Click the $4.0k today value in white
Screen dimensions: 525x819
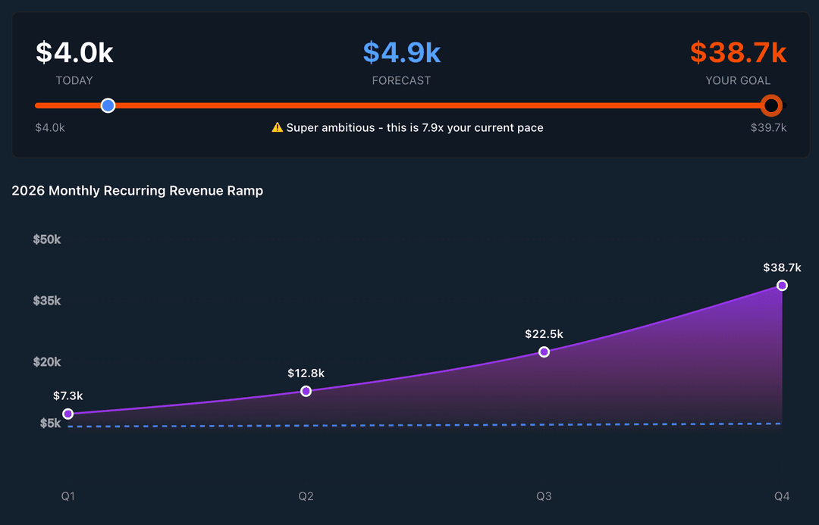point(74,53)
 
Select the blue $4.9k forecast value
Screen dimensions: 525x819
point(401,53)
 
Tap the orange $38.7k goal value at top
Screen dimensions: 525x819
point(738,53)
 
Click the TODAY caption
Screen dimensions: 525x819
point(74,80)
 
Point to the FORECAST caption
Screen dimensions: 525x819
point(401,80)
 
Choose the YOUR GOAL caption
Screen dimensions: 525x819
point(738,80)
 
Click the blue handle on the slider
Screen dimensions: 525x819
point(108,105)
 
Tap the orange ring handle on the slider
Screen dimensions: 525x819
point(771,105)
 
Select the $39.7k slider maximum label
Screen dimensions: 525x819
point(768,128)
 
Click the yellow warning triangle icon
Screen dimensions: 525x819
point(278,127)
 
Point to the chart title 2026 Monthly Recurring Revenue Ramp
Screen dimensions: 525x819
point(137,191)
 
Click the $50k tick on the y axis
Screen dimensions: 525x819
point(47,239)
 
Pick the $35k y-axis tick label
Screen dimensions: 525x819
point(47,301)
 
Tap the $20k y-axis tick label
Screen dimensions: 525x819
point(47,362)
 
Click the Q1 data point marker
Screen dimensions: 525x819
point(68,414)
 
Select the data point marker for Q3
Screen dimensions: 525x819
point(544,352)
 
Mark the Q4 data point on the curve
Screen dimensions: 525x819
point(782,286)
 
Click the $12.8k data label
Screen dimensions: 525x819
point(306,373)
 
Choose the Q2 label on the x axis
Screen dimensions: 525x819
point(306,496)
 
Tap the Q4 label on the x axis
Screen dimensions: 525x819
point(782,496)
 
